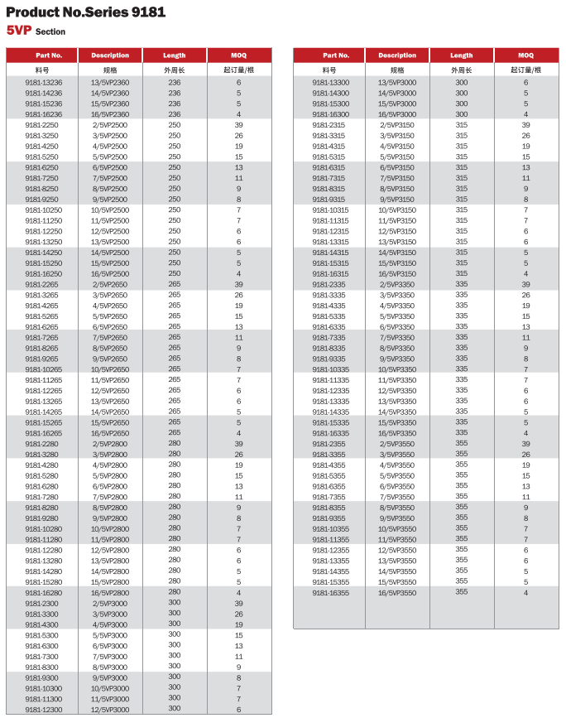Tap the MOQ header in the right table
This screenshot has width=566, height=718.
tap(525, 55)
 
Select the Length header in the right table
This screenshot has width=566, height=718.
tap(461, 55)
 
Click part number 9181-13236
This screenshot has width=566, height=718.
tap(43, 83)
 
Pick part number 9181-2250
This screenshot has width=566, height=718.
tap(41, 125)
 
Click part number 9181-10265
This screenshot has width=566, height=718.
tap(43, 369)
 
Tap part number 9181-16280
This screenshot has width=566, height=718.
tap(43, 593)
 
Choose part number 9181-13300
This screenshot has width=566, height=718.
tap(330, 83)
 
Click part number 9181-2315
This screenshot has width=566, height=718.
tap(329, 125)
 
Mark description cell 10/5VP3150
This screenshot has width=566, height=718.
tap(397, 210)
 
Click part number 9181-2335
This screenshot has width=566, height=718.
tap(329, 284)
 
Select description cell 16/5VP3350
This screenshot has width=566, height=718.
tap(397, 433)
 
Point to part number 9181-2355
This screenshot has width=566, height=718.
tap(329, 444)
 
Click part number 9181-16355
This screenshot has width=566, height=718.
tap(330, 593)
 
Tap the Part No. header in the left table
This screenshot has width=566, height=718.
tap(43, 55)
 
